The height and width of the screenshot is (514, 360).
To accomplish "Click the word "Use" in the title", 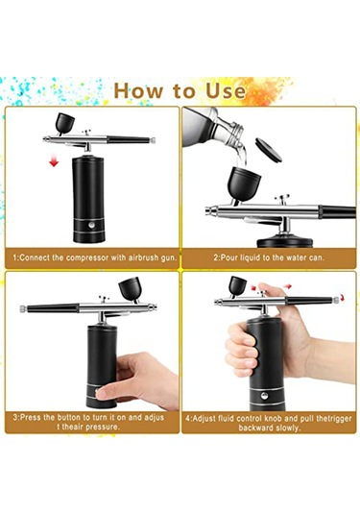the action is point(226,91).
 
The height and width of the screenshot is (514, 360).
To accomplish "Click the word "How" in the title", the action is point(138,91).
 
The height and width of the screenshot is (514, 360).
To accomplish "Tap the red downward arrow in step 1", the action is point(54,161).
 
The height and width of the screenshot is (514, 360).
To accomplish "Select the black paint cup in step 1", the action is point(64,123).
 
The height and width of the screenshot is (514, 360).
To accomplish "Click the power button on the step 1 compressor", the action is point(92,225).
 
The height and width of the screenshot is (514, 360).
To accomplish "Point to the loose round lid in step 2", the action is point(268,150).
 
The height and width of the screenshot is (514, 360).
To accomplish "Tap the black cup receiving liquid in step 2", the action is point(244,184).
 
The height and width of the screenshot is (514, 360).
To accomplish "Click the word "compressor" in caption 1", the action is point(86,257).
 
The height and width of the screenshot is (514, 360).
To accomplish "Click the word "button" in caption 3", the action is point(69,418).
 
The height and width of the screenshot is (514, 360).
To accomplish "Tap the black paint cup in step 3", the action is point(130,289).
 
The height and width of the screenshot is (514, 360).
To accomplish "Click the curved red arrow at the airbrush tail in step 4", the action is point(343,298).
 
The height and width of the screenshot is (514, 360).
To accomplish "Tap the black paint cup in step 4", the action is point(237,285).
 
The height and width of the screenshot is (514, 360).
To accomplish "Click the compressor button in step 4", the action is point(264,396).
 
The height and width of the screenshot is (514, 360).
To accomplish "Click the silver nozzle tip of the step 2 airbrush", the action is point(208,210).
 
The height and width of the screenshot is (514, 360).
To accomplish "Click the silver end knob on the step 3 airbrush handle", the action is point(23,308).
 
